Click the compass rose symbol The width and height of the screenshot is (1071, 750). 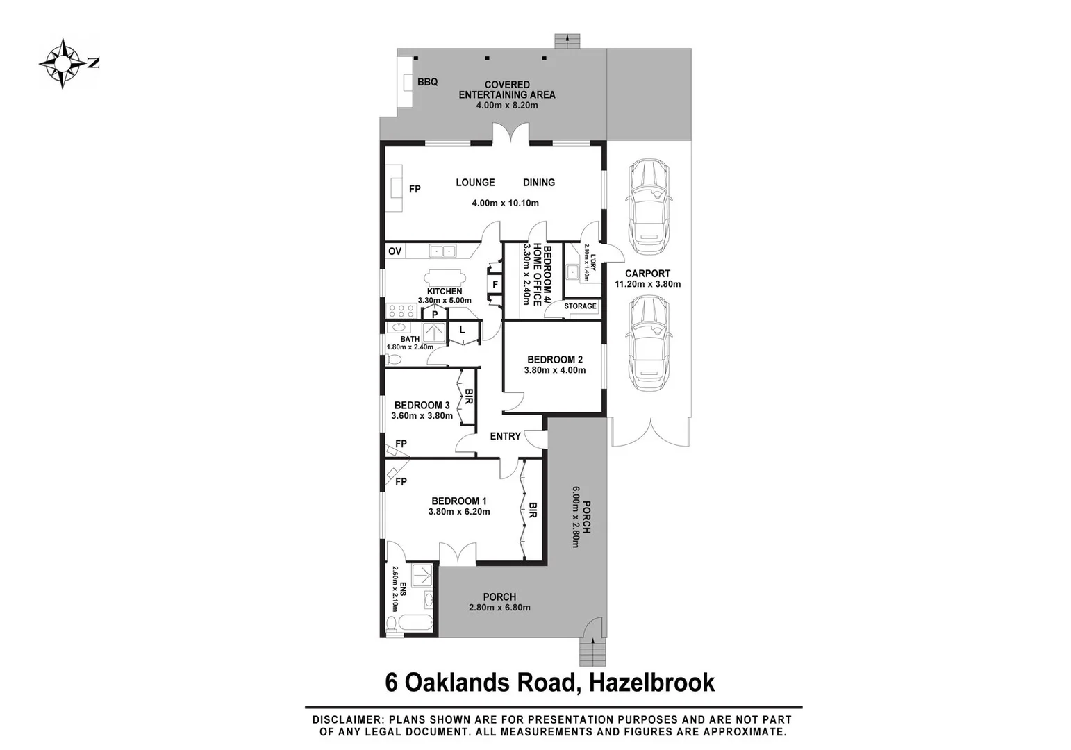click(63, 64)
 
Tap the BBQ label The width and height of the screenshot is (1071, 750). click(427, 82)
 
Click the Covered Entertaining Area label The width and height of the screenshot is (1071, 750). click(507, 90)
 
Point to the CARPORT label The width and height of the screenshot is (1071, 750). click(647, 274)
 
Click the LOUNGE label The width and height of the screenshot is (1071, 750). click(475, 183)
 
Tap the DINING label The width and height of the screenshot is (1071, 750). click(538, 183)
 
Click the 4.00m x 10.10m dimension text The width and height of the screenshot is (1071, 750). click(505, 203)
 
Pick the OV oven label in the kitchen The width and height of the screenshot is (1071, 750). click(395, 251)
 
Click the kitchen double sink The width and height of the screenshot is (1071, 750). click(442, 251)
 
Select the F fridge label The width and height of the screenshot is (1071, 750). click(495, 285)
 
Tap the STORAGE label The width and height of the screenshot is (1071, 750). click(580, 306)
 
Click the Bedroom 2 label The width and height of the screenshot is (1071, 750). click(554, 360)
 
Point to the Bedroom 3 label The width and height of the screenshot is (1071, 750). click(422, 406)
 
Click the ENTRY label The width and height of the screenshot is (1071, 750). click(505, 436)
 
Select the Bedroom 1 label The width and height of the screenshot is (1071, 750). click(458, 501)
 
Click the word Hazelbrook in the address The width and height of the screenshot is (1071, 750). click(651, 683)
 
